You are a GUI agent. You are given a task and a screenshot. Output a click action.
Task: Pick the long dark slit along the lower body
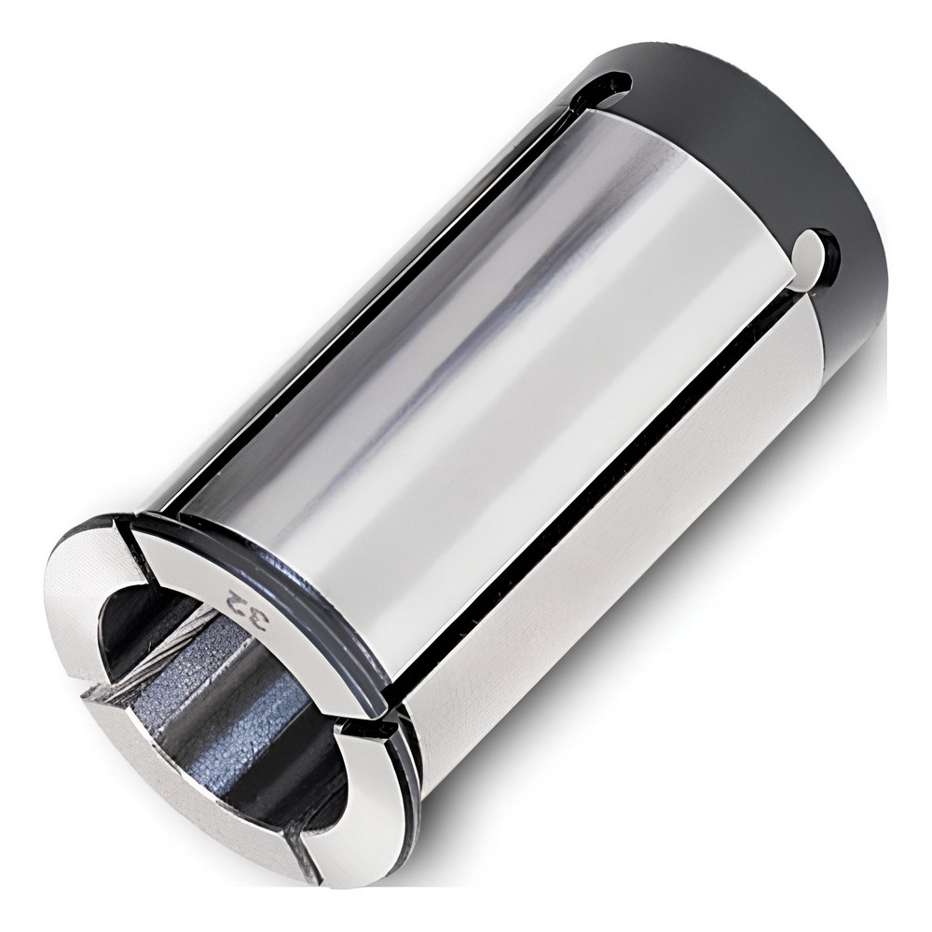(x=596, y=522)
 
